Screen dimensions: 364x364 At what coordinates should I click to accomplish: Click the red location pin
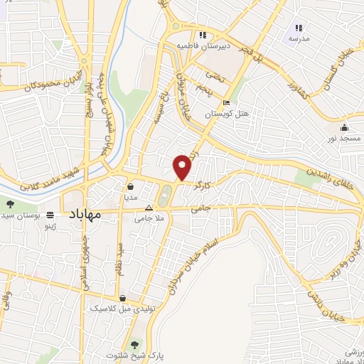point(183,167)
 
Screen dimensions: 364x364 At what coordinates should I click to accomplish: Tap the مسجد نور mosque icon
point(345,127)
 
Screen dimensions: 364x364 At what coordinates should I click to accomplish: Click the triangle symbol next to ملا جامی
point(149,209)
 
